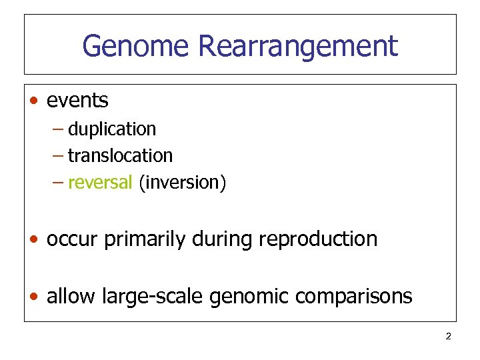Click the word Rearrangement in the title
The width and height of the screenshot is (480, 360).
coord(297,46)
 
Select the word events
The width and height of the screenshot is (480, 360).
coord(77,101)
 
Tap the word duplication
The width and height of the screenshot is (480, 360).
coord(112,129)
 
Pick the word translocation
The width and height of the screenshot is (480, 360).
coord(120,155)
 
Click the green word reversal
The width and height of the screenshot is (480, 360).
coord(100,182)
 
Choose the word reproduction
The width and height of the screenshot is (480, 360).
coord(315,239)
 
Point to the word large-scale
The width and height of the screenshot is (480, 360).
coord(153,296)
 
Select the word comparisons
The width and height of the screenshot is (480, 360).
coord(355,296)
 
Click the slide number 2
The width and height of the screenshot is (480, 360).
coord(448,336)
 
